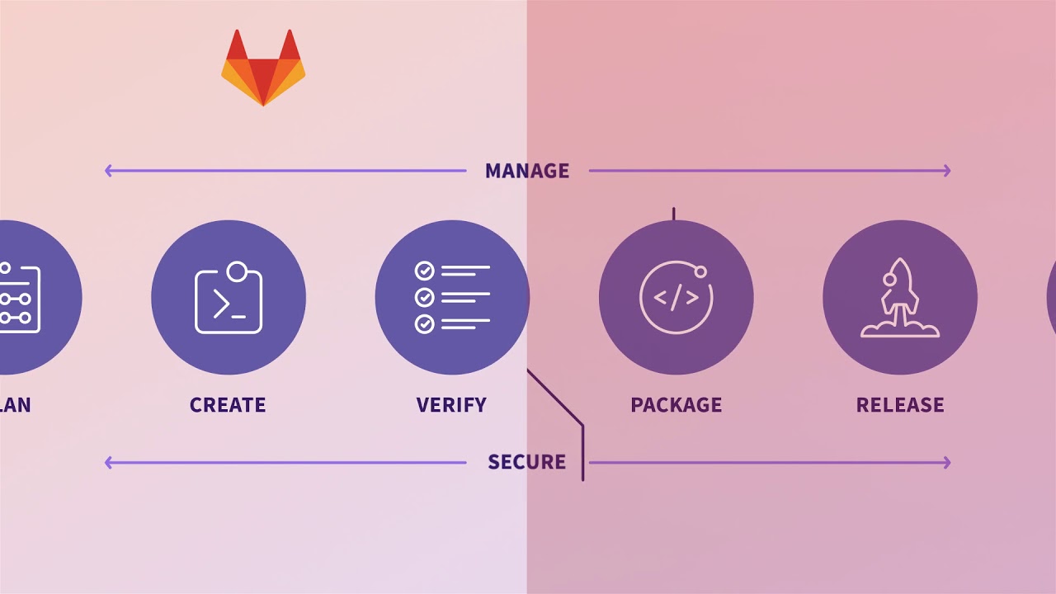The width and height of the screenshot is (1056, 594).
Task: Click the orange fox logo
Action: click(263, 70)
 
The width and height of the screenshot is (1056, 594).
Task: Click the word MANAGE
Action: click(527, 171)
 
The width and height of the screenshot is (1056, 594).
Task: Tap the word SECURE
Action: click(526, 462)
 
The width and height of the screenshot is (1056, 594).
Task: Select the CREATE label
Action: click(228, 405)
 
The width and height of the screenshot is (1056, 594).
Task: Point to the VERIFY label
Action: click(451, 405)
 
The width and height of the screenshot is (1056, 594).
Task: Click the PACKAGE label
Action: click(676, 405)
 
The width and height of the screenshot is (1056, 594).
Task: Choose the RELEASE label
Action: click(900, 405)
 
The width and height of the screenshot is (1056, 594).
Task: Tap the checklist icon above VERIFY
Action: click(452, 297)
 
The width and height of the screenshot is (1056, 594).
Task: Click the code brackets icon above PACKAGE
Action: click(676, 298)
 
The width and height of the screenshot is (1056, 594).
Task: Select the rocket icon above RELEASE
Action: click(899, 298)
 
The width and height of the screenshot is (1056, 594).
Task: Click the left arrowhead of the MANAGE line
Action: click(108, 171)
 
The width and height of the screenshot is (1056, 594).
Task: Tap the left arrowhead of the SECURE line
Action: click(108, 463)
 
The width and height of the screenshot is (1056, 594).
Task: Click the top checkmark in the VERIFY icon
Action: click(424, 271)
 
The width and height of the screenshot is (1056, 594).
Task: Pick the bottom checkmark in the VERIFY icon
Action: click(424, 323)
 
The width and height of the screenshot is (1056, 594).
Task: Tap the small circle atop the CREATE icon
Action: click(237, 271)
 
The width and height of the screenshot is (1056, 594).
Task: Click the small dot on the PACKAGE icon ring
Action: click(700, 271)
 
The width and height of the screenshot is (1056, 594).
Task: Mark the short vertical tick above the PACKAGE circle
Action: click(673, 214)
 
